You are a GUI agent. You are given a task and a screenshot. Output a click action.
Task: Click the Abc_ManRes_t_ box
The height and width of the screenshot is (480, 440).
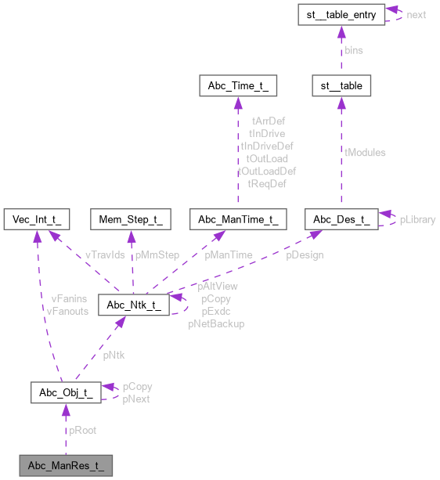(66, 466)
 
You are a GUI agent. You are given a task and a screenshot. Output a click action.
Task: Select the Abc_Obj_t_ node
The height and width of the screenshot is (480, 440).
(66, 392)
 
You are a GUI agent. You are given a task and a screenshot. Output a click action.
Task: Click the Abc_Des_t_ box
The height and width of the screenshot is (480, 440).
(341, 215)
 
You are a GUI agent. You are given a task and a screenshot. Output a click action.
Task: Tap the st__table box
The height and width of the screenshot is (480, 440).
(341, 85)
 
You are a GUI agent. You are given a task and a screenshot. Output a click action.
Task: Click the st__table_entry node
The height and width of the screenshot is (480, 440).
(341, 14)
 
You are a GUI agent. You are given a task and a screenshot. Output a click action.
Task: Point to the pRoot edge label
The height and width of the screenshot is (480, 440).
(83, 430)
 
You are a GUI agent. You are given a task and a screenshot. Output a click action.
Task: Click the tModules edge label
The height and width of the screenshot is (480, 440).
(365, 153)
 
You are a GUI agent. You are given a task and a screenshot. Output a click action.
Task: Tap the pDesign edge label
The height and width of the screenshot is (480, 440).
(305, 254)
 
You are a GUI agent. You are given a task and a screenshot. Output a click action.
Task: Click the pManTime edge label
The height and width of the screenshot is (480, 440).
(229, 254)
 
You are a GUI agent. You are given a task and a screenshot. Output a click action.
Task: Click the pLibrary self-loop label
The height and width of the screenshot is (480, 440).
(417, 220)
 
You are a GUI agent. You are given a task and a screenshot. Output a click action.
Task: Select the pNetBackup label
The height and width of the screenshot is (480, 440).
(216, 323)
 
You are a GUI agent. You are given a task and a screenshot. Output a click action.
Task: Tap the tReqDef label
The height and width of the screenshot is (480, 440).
(266, 183)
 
